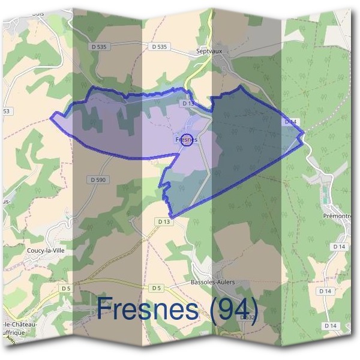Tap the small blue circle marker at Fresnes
point(187,139)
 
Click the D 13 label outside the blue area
point(164,221)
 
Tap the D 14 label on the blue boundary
point(290,122)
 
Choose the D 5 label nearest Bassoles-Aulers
point(157,288)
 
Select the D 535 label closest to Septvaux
point(159,46)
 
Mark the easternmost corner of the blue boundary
point(305,131)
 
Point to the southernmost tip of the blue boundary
point(172,217)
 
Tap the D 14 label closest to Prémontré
point(338,246)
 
